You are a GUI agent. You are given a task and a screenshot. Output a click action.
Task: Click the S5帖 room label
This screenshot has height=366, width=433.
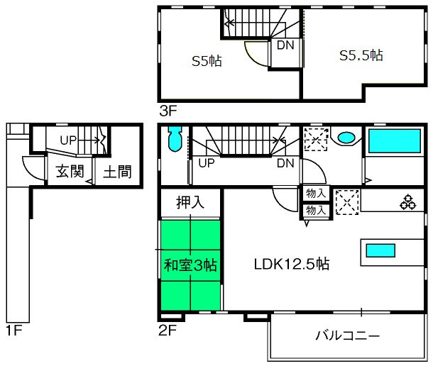tap(207, 61)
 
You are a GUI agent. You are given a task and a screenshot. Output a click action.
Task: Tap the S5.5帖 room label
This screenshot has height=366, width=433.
tap(361, 55)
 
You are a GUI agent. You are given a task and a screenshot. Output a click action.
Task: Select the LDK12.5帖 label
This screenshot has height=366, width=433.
tap(292, 264)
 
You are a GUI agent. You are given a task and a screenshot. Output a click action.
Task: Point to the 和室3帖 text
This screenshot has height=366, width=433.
tap(190, 265)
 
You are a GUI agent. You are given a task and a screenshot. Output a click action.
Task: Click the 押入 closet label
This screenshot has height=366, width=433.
tap(190, 202)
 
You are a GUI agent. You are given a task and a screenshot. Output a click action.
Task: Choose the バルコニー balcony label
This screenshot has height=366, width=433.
tap(348, 335)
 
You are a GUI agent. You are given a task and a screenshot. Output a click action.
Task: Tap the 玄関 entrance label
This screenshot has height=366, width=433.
tap(70, 172)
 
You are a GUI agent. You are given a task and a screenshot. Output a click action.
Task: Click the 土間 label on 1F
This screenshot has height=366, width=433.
tap(117, 172)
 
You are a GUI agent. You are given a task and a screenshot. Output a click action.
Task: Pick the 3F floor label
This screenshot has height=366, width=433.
tap(168, 111)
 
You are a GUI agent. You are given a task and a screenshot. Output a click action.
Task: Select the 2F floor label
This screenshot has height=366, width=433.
tap(168, 330)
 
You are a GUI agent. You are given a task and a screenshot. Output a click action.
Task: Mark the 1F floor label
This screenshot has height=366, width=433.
tap(13, 330)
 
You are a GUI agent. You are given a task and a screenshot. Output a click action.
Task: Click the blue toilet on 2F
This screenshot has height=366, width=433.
tap(175, 139)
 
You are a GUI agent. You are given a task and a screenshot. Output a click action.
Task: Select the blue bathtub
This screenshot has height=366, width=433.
tap(395, 141)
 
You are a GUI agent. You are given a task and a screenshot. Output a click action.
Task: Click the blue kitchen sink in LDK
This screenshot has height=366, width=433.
tap(380, 250)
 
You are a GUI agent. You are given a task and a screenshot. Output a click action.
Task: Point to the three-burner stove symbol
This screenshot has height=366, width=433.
tap(408, 203)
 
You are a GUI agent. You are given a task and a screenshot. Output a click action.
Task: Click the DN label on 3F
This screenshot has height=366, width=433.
tap(285, 45)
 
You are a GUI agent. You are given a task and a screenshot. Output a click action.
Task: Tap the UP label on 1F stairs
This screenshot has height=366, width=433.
tap(68, 140)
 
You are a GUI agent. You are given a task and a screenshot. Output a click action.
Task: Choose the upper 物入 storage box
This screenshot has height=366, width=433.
tap(316, 194)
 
